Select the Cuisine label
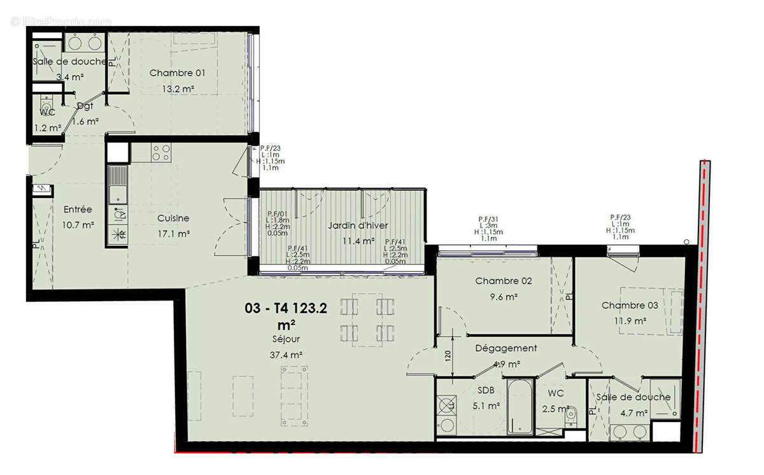(173, 218)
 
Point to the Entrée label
(78, 209)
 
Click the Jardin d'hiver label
(358, 226)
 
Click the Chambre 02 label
(503, 281)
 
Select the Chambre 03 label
(630, 306)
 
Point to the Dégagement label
(506, 348)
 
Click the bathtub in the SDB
(520, 407)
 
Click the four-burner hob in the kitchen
(160, 152)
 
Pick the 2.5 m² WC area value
(554, 409)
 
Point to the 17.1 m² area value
(174, 234)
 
